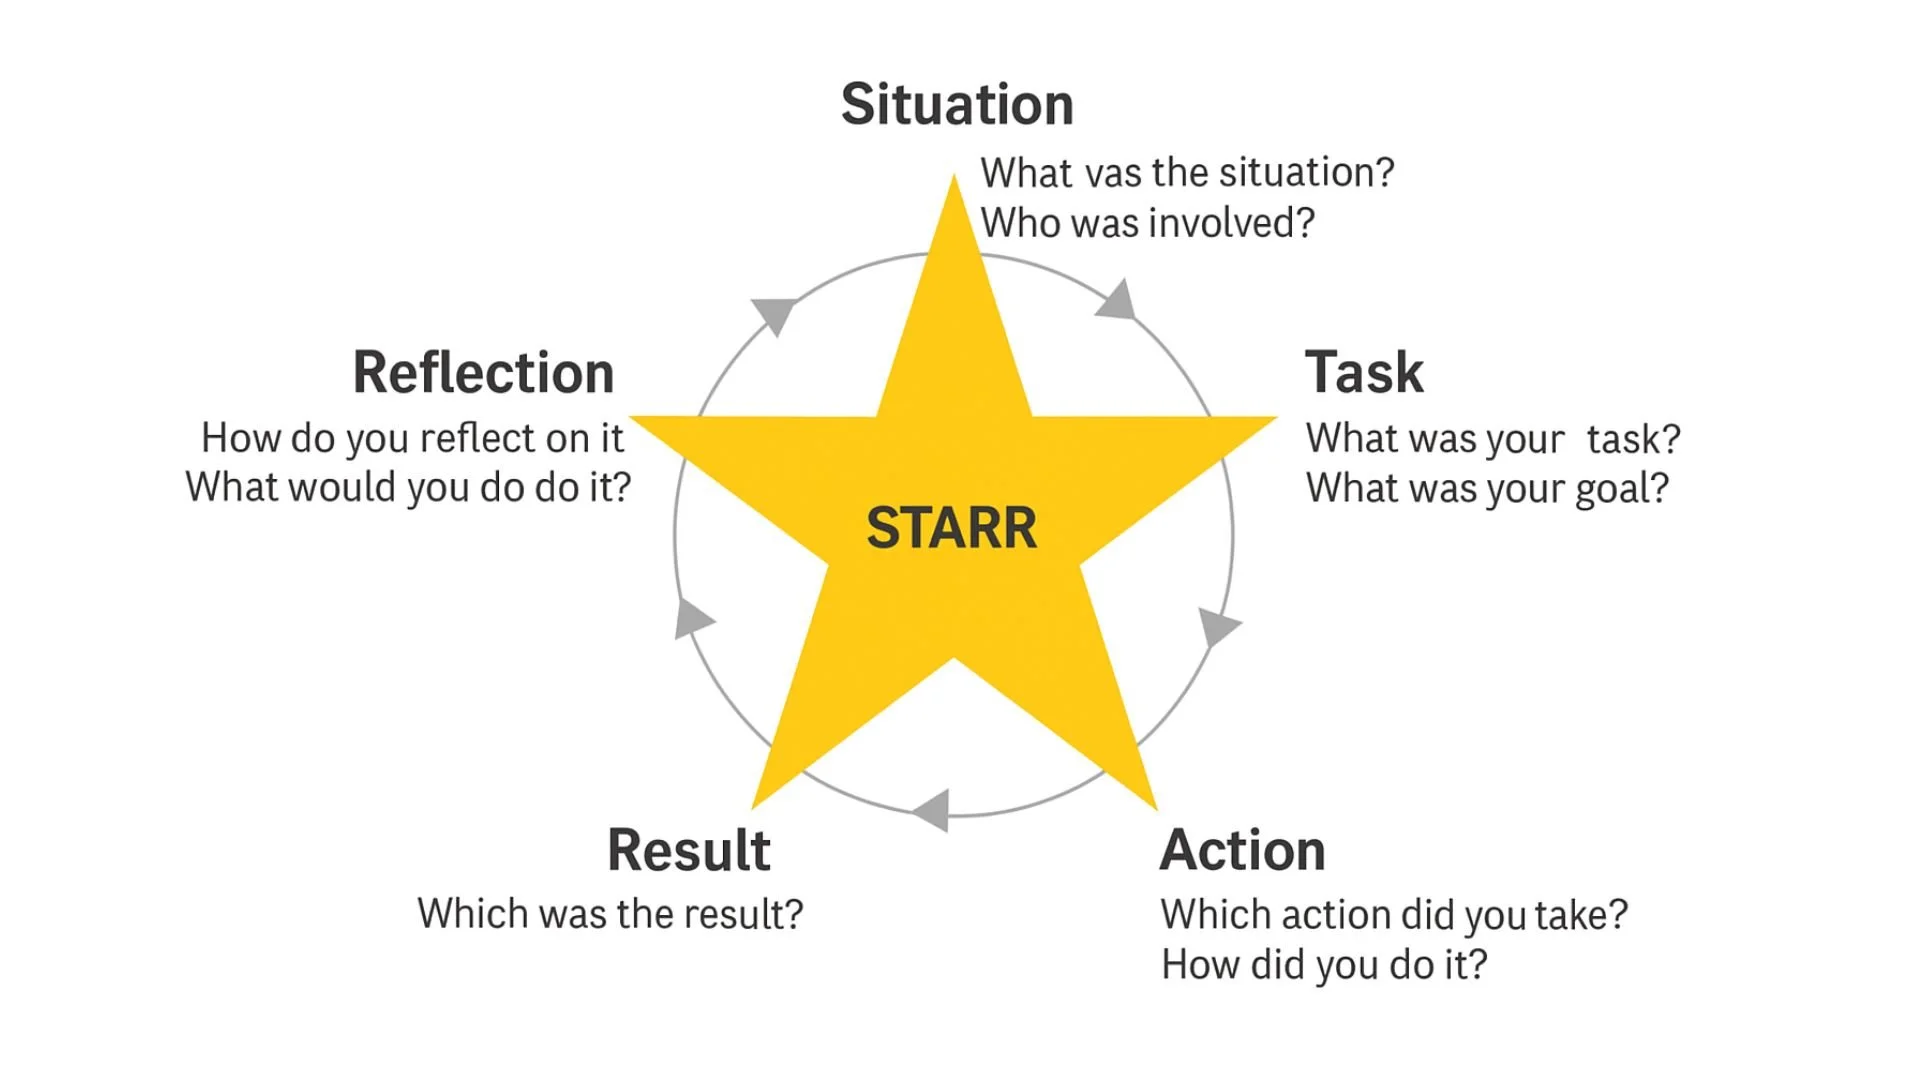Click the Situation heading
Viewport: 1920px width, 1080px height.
tap(957, 104)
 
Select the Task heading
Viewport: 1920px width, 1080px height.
tap(1363, 373)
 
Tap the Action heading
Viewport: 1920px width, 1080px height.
tap(1242, 851)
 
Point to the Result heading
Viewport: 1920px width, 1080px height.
tap(688, 851)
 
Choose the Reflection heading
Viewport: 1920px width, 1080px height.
tap(483, 373)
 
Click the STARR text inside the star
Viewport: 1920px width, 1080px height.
tap(951, 528)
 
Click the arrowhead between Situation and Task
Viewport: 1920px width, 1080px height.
tap(1118, 301)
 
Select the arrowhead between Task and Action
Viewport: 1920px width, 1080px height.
tap(1216, 626)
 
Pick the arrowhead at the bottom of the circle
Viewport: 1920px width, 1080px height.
tap(933, 809)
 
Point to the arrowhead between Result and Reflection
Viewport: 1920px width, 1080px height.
tap(691, 618)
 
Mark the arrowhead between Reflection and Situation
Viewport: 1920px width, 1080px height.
tap(774, 314)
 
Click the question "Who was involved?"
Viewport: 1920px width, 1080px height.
tap(1147, 223)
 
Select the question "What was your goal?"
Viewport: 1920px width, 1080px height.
tap(1487, 488)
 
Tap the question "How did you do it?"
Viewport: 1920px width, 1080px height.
tap(1323, 965)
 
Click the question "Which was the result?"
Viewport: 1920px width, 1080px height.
tap(610, 914)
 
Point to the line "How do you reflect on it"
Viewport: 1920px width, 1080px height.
tap(412, 438)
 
